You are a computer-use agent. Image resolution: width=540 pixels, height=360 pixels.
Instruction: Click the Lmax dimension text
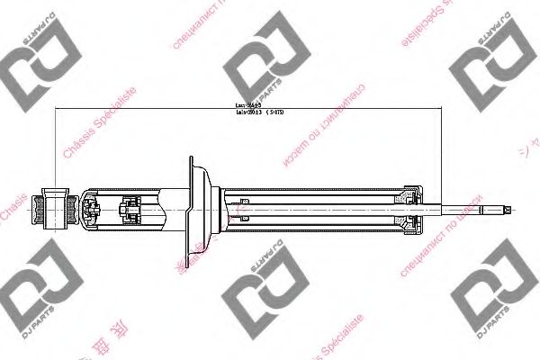[x=247, y=106]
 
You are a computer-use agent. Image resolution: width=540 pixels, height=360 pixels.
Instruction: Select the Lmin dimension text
[x=247, y=113]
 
